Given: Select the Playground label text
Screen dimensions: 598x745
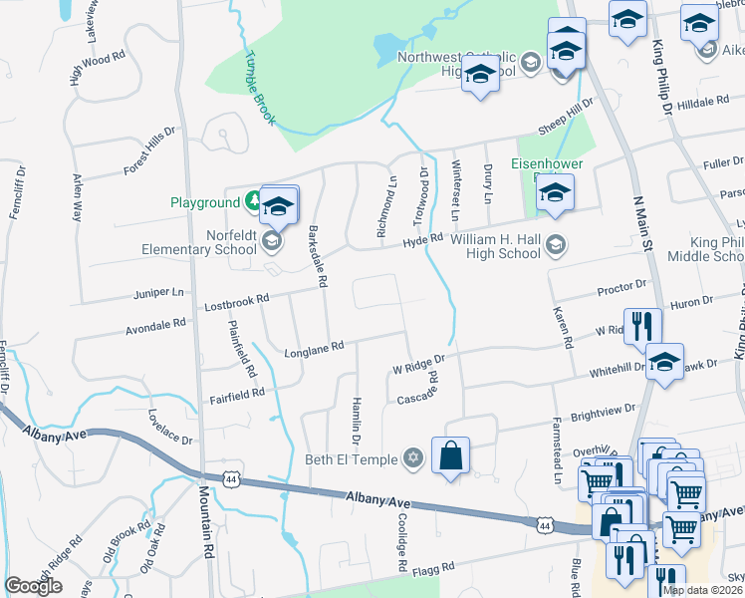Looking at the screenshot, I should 205,201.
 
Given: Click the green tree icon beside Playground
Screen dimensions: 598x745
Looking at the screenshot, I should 254,202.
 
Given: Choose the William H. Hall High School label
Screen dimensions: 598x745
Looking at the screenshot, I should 495,246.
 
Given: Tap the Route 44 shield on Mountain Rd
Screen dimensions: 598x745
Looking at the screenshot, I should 230,479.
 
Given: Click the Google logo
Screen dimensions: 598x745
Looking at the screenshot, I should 33,586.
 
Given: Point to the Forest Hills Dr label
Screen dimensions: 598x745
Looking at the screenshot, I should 149,150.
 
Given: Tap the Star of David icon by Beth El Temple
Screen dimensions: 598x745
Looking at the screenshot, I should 413,459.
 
